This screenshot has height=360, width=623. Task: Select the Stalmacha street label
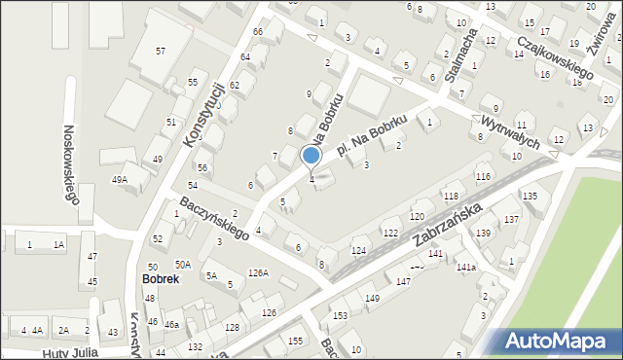458,54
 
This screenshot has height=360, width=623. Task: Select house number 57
161,51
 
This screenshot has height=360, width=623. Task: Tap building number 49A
120,179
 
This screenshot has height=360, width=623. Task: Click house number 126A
258,273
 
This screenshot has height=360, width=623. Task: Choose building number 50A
182,265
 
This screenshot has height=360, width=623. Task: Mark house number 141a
466,267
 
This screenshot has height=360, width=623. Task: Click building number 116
483,176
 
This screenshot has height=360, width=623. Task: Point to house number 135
530,197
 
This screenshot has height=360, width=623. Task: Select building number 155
296,340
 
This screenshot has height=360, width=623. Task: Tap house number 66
258,32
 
